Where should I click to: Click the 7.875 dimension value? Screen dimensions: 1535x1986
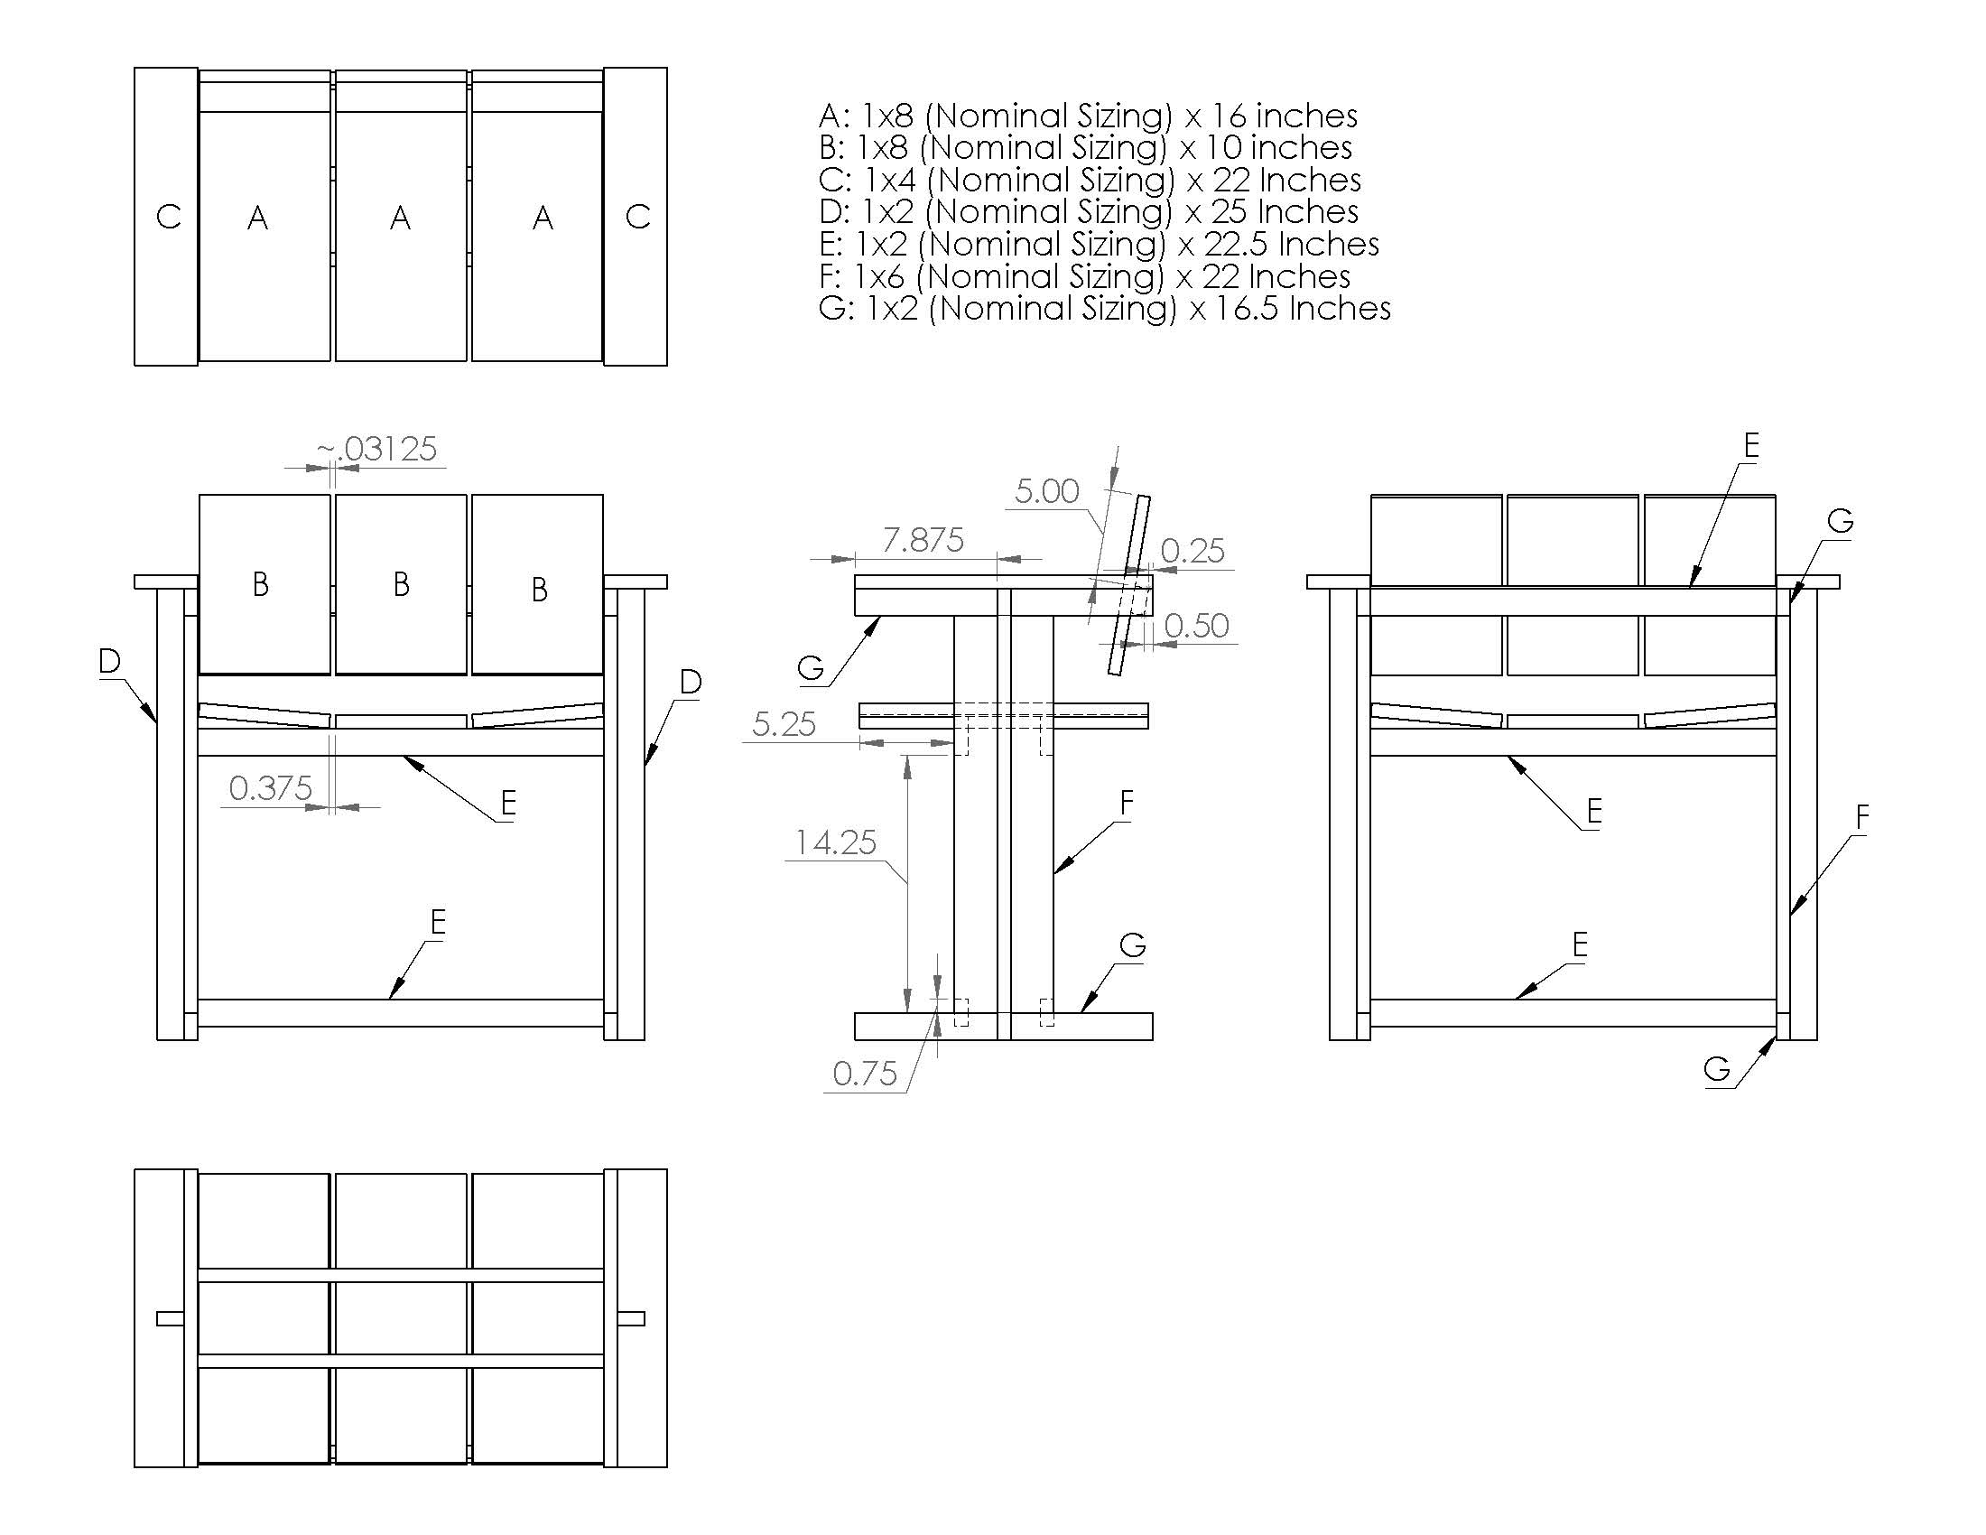pos(923,541)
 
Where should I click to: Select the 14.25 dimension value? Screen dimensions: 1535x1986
pos(836,843)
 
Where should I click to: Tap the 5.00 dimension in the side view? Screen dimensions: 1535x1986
pos(1046,492)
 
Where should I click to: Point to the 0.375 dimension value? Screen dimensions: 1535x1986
pos(270,788)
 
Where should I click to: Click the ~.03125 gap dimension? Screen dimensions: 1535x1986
pos(377,450)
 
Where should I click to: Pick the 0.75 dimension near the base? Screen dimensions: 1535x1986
pos(865,1074)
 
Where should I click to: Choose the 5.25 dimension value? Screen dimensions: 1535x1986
pos(784,725)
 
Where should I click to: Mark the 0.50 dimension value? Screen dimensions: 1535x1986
pos(1196,626)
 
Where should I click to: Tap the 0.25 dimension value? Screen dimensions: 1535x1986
pos(1193,551)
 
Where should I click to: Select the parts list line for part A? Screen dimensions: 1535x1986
pos(1088,116)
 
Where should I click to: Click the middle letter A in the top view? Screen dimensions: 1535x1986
pos(400,219)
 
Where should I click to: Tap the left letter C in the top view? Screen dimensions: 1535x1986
pos(168,218)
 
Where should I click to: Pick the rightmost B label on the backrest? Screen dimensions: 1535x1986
pos(539,591)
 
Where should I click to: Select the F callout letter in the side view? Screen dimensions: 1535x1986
pos(1127,803)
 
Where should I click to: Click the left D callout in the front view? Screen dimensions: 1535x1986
pos(109,662)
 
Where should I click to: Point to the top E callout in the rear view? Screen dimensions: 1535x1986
pos(1751,445)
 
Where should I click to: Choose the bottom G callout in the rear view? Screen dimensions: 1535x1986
pos(1717,1069)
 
